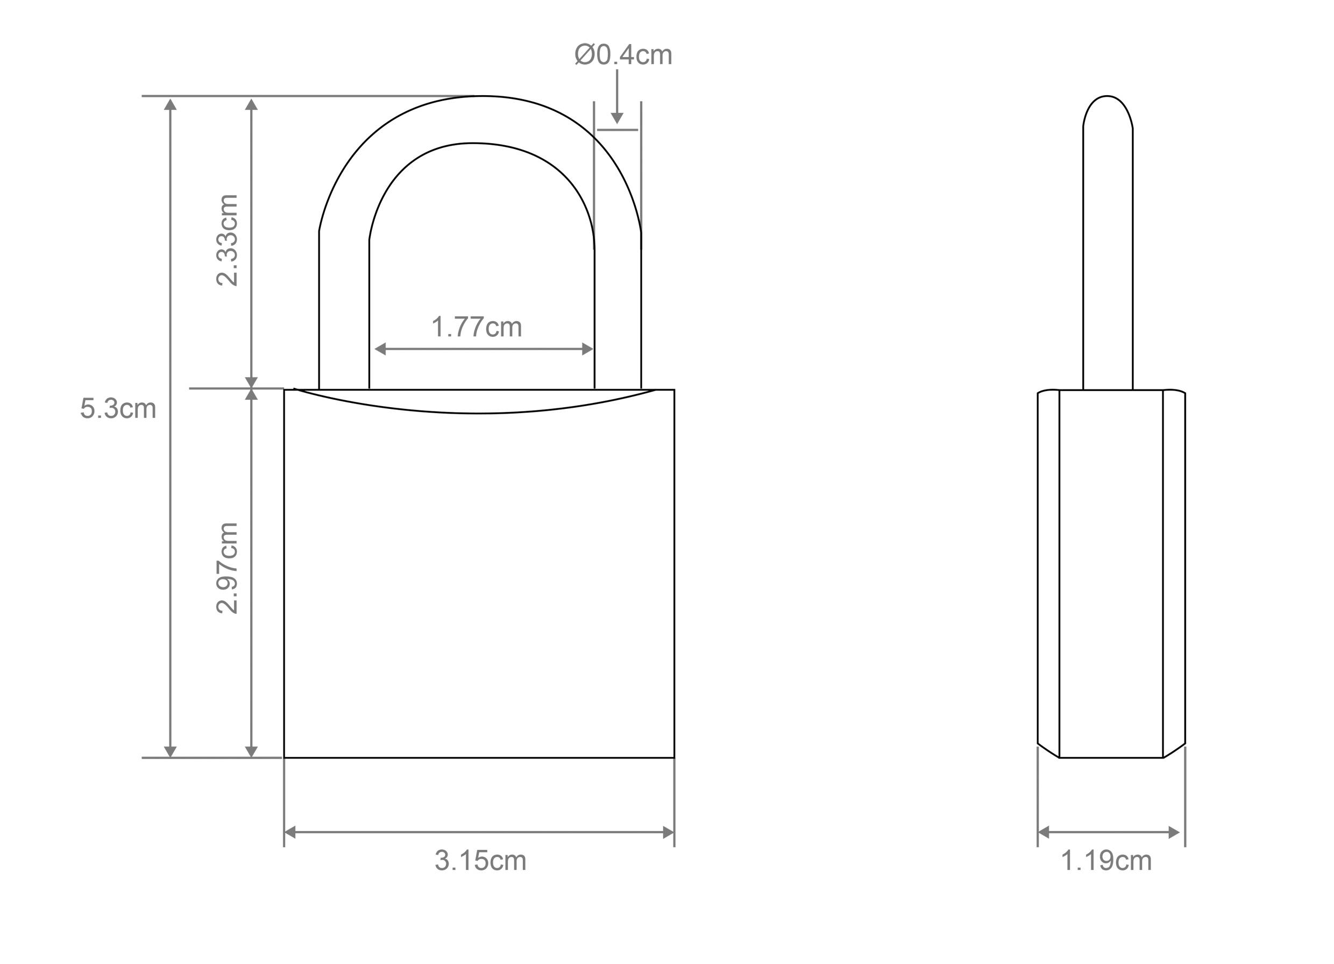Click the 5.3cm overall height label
(118, 409)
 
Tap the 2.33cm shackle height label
(227, 240)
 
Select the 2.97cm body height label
(227, 568)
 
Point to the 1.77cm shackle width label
(477, 327)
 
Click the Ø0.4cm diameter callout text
(623, 55)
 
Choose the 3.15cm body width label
(480, 861)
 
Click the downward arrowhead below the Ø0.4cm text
(616, 119)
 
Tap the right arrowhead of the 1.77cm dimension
(587, 349)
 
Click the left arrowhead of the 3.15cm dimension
(290, 832)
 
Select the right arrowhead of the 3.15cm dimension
(668, 832)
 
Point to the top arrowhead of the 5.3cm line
(170, 105)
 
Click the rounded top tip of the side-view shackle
(1107, 97)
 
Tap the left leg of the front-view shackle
(344, 311)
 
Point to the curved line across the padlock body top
(477, 413)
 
